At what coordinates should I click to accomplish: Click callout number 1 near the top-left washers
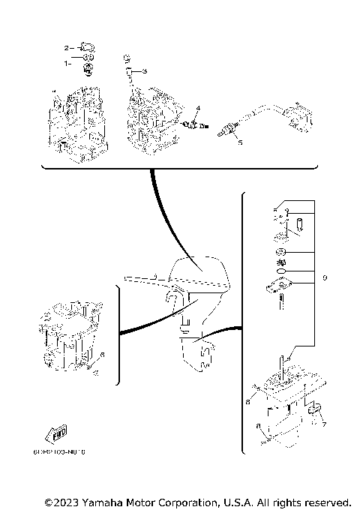tap(67, 63)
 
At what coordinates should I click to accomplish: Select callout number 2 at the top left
tap(67, 47)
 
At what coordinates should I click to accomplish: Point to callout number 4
tap(198, 109)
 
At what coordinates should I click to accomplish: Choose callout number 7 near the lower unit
tap(325, 424)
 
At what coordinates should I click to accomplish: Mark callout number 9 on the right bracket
tap(325, 278)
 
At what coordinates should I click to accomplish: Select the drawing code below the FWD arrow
tap(59, 452)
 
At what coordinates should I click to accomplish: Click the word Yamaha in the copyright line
tap(103, 501)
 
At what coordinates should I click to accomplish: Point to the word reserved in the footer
tap(325, 501)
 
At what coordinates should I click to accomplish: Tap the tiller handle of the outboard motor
tap(142, 279)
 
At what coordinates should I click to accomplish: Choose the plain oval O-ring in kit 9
tap(279, 271)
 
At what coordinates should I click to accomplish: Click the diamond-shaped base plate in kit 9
tap(280, 287)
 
